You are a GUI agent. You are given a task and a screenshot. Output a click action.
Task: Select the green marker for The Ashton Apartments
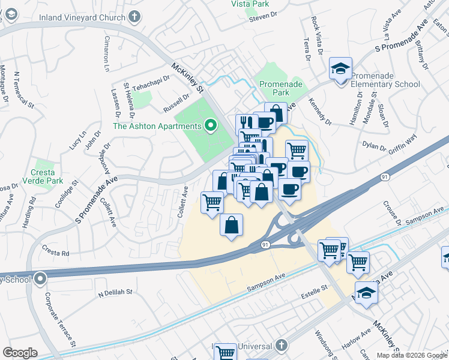tap(210, 126)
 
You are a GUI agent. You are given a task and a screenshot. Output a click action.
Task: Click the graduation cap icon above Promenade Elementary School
tap(340, 68)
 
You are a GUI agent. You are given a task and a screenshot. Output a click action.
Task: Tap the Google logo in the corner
tap(20, 353)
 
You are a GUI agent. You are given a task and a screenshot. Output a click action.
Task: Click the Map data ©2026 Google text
tap(412, 355)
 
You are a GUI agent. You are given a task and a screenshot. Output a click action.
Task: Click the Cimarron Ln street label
tap(107, 54)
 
